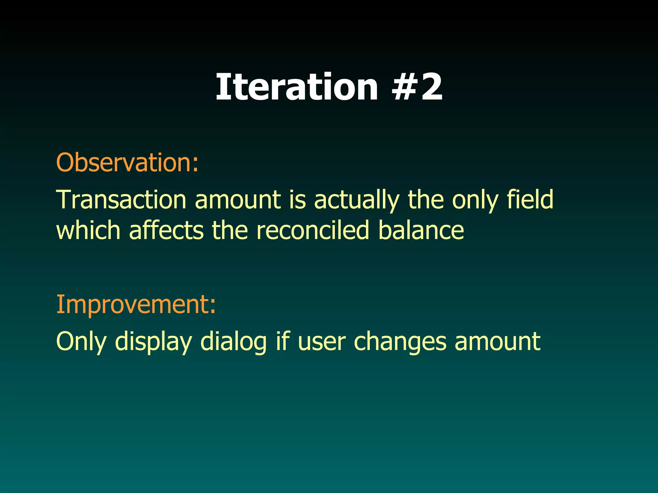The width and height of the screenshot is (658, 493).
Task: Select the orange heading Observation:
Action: coord(128,162)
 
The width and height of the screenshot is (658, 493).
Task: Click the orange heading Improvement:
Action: coord(136,304)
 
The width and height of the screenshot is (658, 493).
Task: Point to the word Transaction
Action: coord(121,200)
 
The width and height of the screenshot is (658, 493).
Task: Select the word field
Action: coord(530,199)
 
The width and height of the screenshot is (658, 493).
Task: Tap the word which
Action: coord(88,230)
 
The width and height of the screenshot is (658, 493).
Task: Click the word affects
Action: coord(166,230)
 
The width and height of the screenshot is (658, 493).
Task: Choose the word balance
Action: coord(421,230)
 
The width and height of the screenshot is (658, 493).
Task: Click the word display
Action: coord(153,342)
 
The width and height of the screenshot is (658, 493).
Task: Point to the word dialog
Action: coord(234,342)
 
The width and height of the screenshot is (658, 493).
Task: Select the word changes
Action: coord(400,342)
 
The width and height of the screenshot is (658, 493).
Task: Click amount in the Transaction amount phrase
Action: coord(238,200)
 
